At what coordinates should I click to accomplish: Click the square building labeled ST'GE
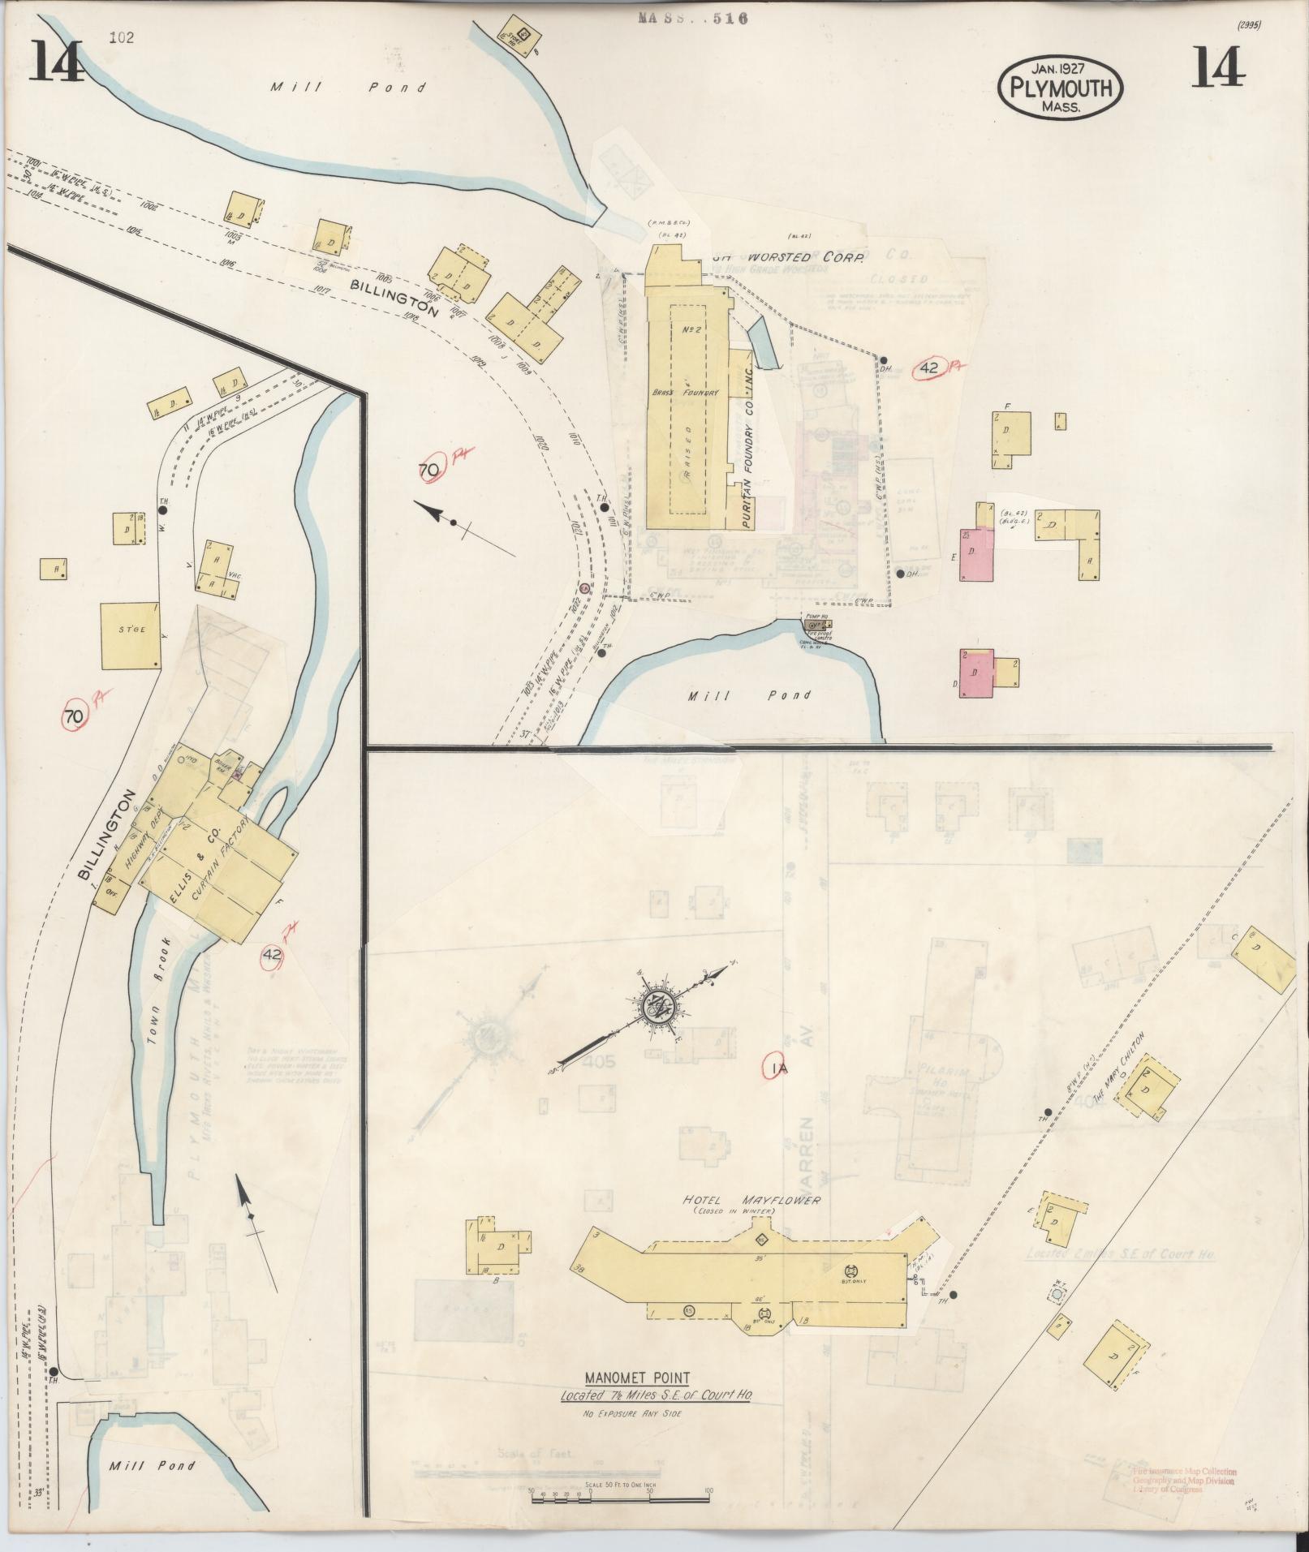(x=129, y=635)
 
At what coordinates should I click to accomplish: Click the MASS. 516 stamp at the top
(x=692, y=18)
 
